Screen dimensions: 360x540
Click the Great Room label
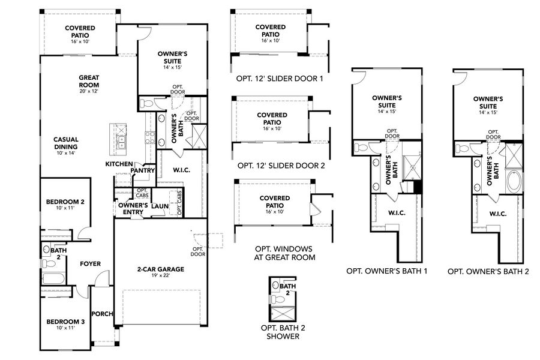(88, 80)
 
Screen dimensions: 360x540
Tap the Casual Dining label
(66, 143)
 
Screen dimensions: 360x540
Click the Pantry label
(145, 170)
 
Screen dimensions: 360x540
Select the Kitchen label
(119, 164)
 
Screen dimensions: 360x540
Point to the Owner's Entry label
(133, 208)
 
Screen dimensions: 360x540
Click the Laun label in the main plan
(160, 206)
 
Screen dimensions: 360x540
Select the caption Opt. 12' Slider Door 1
(280, 79)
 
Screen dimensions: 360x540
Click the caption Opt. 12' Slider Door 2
(280, 166)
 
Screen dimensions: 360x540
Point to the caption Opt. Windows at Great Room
(280, 253)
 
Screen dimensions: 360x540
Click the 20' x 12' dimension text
(88, 91)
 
